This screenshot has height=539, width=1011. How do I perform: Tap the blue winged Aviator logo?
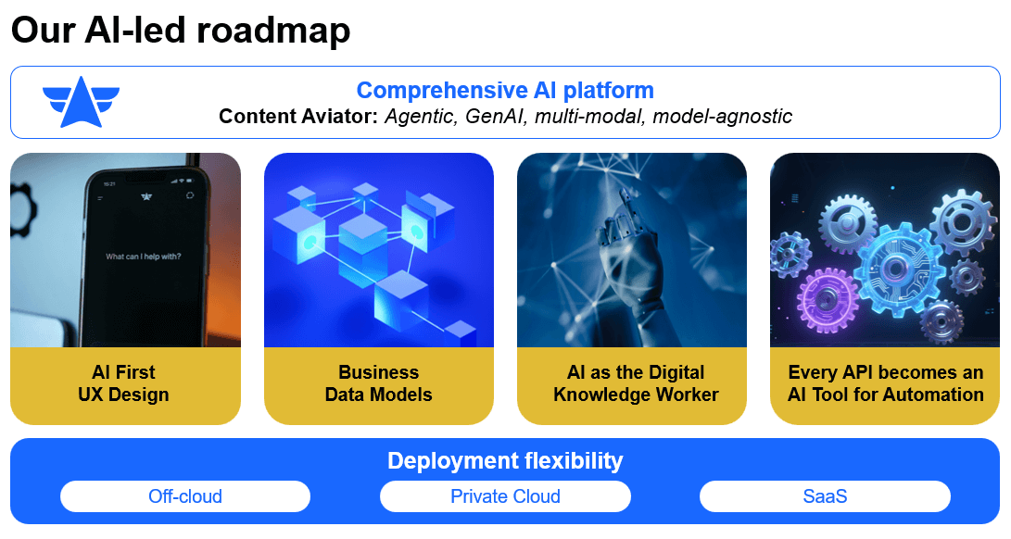click(x=81, y=101)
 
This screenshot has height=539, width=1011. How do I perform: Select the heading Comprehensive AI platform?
click(x=505, y=90)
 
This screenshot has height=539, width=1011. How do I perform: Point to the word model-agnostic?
click(x=723, y=117)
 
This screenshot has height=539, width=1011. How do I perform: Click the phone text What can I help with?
click(x=144, y=257)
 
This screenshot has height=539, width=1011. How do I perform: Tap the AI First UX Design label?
click(x=124, y=383)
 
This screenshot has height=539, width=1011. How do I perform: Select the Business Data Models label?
click(x=378, y=383)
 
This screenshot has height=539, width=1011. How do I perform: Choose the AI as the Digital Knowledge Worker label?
click(x=636, y=383)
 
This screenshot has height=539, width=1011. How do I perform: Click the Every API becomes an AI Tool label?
click(x=885, y=383)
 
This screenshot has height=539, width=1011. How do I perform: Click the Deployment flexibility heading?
click(x=505, y=460)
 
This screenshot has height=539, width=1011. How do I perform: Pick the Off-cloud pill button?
click(x=185, y=496)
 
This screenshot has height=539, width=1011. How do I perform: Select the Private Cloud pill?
click(x=505, y=496)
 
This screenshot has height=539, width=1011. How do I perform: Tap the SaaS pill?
click(x=825, y=496)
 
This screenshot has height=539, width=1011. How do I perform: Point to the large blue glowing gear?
click(x=894, y=269)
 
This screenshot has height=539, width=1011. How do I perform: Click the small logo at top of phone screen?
click(x=145, y=195)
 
